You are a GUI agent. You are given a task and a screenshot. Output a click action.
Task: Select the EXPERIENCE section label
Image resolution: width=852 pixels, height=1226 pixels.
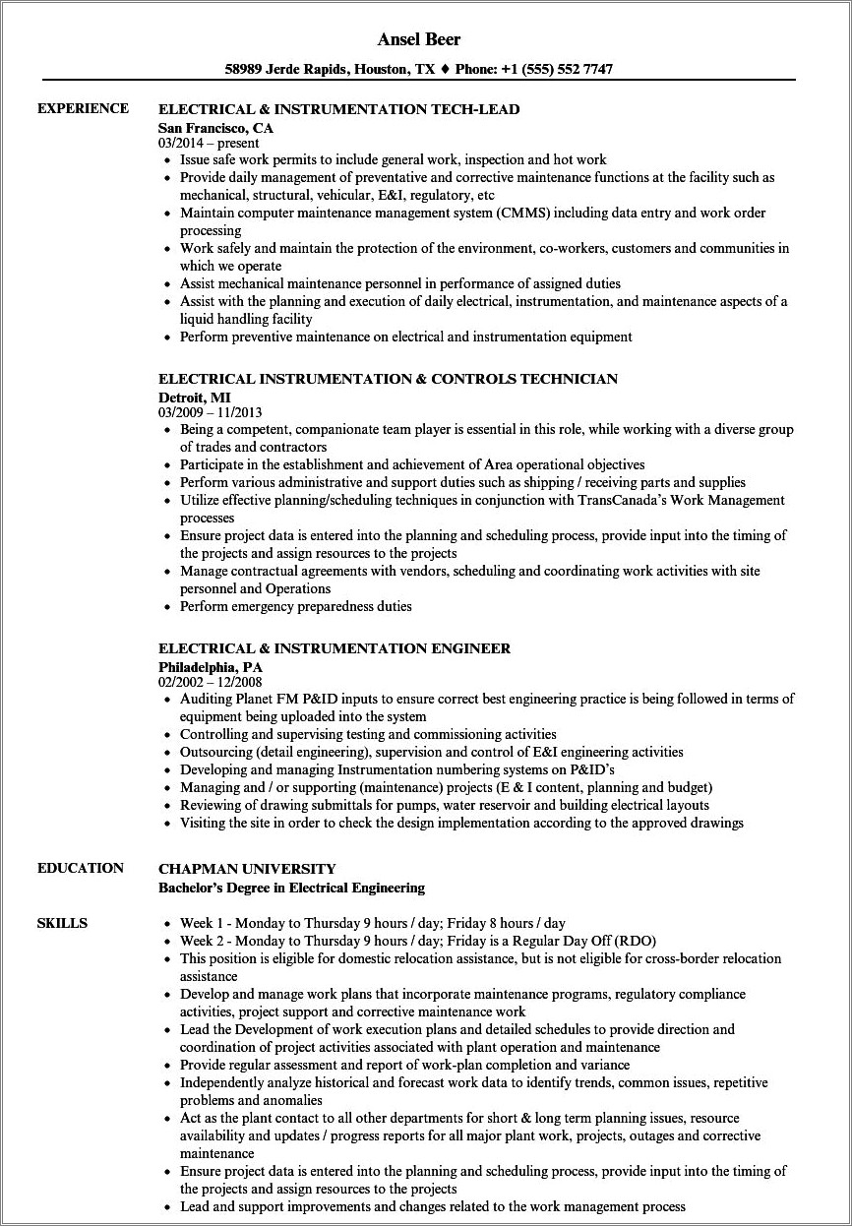tap(83, 108)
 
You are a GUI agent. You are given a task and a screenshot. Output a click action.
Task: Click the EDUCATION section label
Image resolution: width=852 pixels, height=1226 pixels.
tap(81, 868)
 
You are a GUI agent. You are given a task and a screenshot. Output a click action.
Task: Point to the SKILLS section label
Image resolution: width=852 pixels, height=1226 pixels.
tap(62, 923)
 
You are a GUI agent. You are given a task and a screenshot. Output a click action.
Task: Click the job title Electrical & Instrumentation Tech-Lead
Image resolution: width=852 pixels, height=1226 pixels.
tap(338, 109)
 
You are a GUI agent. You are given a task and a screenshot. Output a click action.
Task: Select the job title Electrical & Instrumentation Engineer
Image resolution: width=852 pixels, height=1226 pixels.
tap(335, 649)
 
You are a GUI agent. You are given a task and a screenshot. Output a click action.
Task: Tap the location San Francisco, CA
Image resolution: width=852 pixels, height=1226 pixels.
tap(215, 128)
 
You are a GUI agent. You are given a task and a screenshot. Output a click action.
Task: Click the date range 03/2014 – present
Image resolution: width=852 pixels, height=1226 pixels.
tap(209, 144)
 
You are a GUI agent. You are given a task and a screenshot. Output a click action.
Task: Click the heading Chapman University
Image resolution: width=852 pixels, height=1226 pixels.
tap(247, 869)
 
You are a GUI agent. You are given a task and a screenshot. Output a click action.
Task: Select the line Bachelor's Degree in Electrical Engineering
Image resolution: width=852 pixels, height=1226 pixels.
tap(291, 888)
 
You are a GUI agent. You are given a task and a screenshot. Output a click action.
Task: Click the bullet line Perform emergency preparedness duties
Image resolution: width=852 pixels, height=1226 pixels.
tap(296, 606)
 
